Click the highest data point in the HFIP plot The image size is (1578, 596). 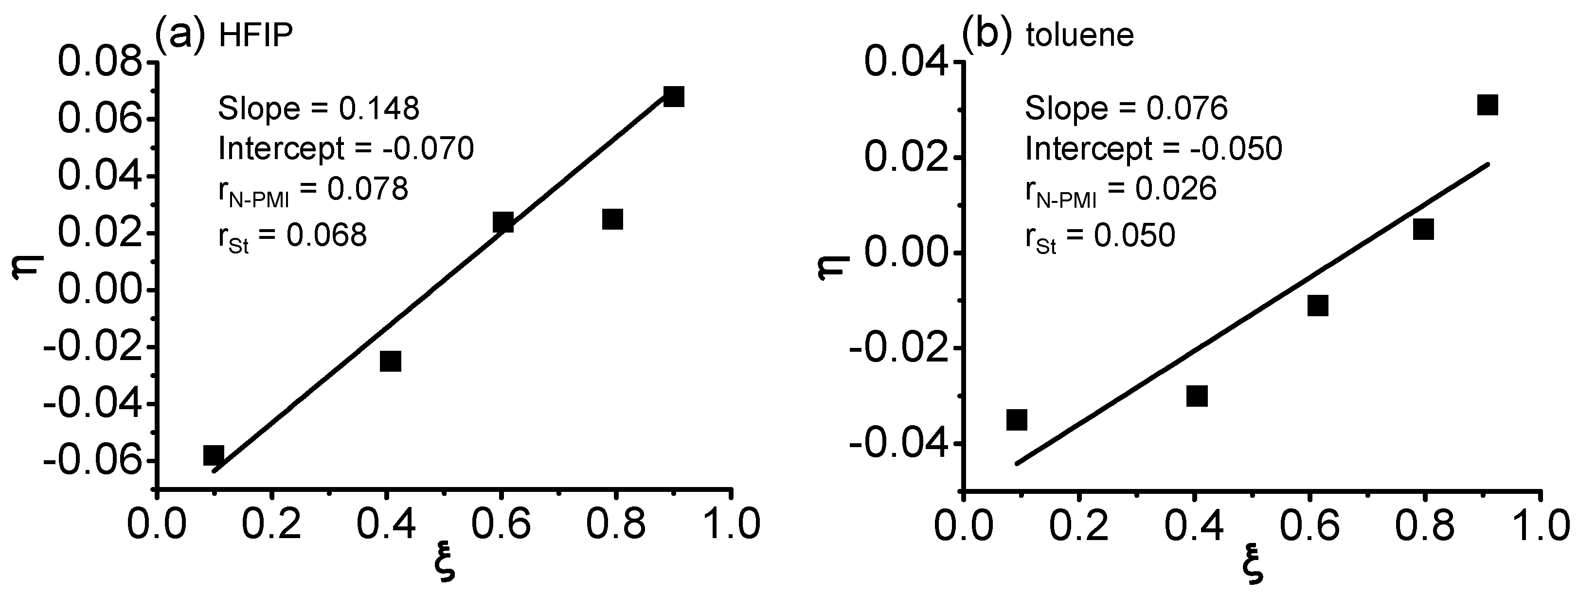(673, 96)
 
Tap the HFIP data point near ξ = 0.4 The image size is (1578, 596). (390, 361)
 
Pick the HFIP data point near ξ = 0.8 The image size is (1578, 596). (612, 218)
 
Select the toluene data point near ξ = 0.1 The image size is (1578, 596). (1016, 419)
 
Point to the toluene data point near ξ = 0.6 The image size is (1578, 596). (1318, 305)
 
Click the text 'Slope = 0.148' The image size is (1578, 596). (319, 109)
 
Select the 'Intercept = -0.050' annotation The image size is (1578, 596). (1153, 148)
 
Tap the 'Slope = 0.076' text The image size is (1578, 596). (1127, 109)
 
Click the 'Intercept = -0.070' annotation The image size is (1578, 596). (346, 148)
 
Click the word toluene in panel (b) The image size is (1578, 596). (1080, 36)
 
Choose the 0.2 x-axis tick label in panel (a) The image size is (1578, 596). (271, 525)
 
